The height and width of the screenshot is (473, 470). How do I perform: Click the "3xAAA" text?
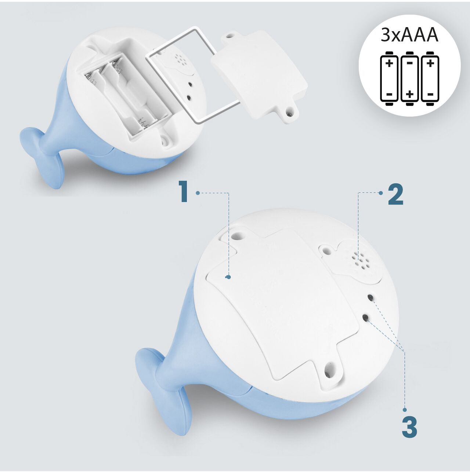[x=409, y=36]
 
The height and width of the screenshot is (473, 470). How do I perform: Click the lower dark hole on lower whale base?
[x=365, y=318]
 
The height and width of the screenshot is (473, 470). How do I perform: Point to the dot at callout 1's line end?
[x=229, y=277]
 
